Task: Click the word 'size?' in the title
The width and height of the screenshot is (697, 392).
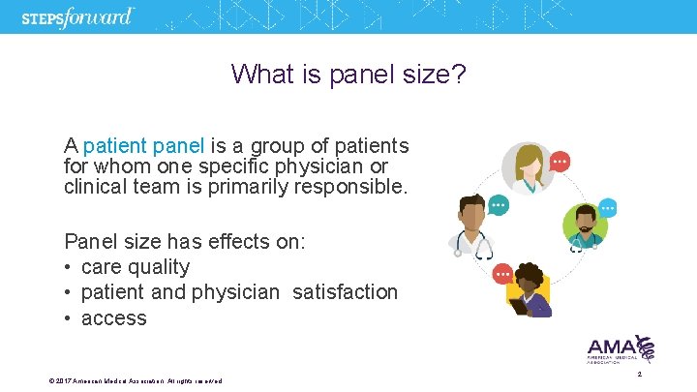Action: pyautogui.click(x=435, y=74)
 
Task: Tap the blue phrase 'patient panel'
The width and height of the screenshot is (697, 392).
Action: pyautogui.click(x=144, y=146)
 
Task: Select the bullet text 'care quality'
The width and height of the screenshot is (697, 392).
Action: pyautogui.click(x=136, y=267)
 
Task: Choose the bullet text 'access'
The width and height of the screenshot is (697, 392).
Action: pyautogui.click(x=114, y=318)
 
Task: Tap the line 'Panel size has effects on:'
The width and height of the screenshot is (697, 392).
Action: pyautogui.click(x=185, y=241)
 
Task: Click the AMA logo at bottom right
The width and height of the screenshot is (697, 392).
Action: pyautogui.click(x=621, y=349)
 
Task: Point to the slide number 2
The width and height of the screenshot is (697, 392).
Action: pyautogui.click(x=640, y=374)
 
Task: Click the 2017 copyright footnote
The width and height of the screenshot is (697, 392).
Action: pyautogui.click(x=136, y=381)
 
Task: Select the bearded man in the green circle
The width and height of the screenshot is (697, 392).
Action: pyautogui.click(x=584, y=226)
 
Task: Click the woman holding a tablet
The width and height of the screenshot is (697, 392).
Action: pyautogui.click(x=529, y=289)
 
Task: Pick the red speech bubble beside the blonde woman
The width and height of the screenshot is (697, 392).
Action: pyautogui.click(x=559, y=161)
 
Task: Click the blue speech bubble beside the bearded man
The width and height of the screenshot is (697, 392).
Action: pyautogui.click(x=608, y=206)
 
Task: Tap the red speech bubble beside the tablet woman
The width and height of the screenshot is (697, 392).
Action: pyautogui.click(x=503, y=274)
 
